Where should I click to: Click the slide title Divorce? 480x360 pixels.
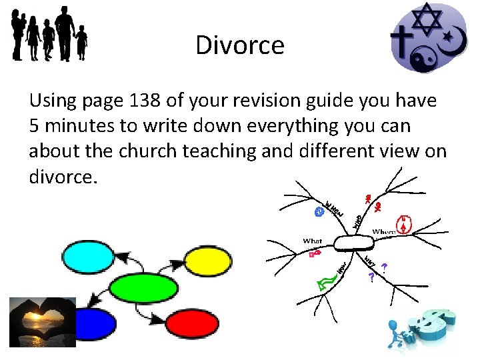coord(240,45)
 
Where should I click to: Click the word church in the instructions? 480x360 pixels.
coord(147,151)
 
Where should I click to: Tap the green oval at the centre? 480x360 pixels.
coord(143,289)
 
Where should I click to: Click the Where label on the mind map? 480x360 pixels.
coord(383,231)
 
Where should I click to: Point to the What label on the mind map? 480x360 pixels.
coord(312,241)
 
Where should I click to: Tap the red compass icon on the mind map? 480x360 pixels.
coord(403,225)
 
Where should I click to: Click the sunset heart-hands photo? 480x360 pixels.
coord(42,322)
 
